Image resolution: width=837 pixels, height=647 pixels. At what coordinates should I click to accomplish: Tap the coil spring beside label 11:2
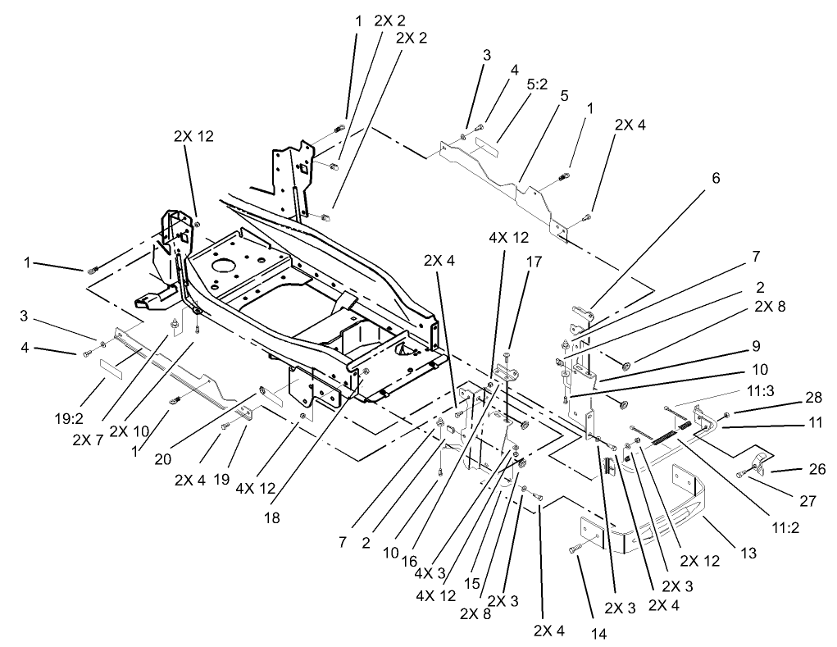pos(670,434)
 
